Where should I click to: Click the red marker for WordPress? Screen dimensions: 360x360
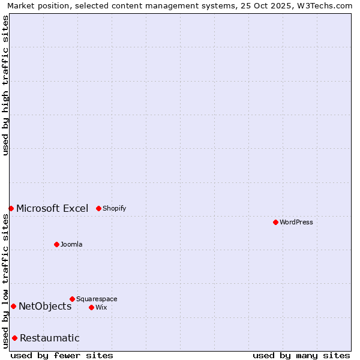[x=275, y=222]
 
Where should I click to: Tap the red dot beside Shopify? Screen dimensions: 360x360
[x=98, y=208]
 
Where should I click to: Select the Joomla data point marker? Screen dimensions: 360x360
[x=56, y=244]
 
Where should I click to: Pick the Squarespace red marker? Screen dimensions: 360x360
[x=72, y=299]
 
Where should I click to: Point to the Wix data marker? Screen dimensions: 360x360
[x=91, y=307]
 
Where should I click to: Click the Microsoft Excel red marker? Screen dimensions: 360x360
[x=11, y=208]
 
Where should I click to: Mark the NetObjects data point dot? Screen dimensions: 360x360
[x=13, y=306]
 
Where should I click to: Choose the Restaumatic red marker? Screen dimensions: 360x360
[x=14, y=338]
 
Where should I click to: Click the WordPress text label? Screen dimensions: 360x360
[x=296, y=222]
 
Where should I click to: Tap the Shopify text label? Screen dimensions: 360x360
[x=114, y=208]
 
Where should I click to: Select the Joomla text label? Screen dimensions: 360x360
[x=71, y=244]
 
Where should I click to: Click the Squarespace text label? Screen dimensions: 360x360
[x=97, y=299]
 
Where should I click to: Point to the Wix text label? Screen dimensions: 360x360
[x=101, y=307]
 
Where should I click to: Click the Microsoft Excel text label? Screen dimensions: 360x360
[x=52, y=208]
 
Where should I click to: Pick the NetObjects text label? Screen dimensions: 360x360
[x=45, y=306]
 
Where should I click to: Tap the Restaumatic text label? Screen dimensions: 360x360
[x=50, y=338]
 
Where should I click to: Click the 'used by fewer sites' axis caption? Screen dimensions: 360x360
[x=62, y=355]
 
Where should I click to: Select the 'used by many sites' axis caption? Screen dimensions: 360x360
[x=301, y=355]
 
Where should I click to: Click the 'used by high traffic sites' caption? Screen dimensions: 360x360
[x=5, y=85]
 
